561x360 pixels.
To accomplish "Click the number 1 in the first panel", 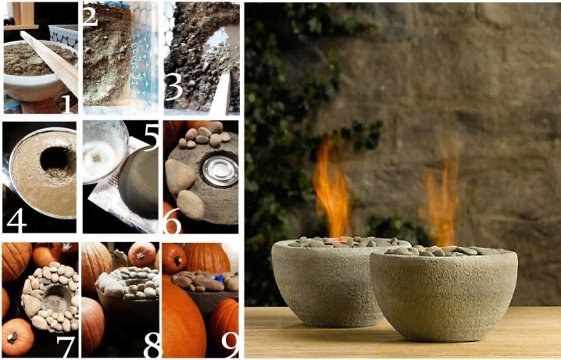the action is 67,101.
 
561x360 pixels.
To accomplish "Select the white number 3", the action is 174,88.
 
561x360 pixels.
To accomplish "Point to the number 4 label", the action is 16,222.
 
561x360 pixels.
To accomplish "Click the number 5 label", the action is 152,137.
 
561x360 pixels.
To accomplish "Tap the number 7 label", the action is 66,346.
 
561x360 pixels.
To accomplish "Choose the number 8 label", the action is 152,346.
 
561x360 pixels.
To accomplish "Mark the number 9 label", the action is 229,346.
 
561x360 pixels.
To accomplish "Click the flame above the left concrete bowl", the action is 331,190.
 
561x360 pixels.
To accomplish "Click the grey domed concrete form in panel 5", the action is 138,182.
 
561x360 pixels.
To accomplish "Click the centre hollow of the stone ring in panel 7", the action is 56,298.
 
